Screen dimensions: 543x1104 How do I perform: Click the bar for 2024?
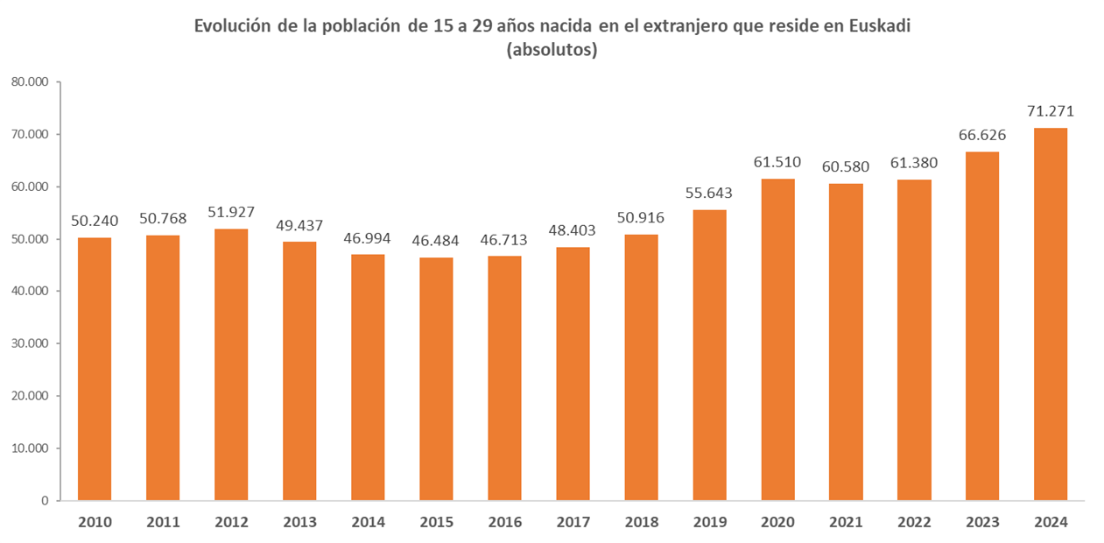tap(1051, 314)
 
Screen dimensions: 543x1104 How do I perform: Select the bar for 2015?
tap(436, 379)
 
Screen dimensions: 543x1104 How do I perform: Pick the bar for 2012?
tap(231, 364)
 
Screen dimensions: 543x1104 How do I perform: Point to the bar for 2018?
tap(641, 368)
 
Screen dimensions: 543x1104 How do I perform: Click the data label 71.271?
tap(1051, 111)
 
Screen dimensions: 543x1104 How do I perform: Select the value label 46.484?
tap(436, 240)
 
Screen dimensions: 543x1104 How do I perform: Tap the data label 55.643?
tap(709, 193)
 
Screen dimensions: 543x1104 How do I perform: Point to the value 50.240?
tap(95, 221)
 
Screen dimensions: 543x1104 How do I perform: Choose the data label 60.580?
tap(846, 166)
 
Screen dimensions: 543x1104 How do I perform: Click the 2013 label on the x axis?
tap(299, 523)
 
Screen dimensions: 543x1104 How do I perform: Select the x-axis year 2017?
tap(573, 523)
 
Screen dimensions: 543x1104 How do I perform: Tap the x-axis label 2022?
tap(914, 523)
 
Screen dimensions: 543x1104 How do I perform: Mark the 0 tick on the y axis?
tap(44, 501)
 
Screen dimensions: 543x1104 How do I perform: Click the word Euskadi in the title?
tap(880, 25)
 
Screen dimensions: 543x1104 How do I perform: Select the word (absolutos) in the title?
tap(552, 50)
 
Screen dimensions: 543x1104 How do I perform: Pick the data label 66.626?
tap(982, 135)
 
